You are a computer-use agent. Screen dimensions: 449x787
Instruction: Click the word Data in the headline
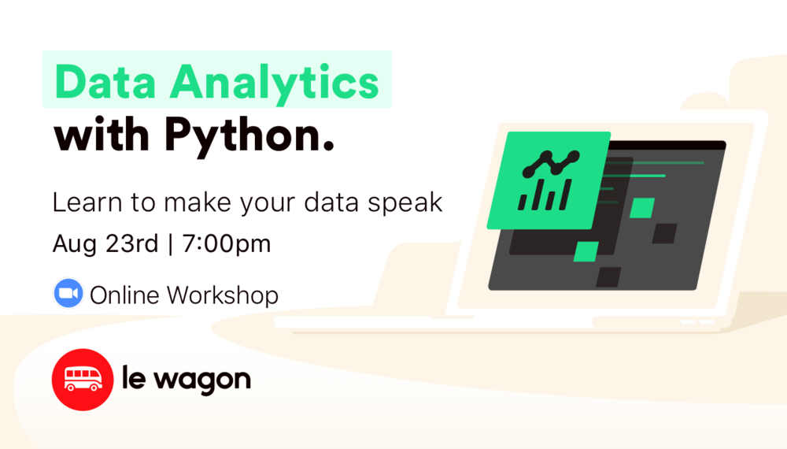click(101, 82)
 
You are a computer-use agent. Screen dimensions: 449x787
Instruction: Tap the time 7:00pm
click(227, 243)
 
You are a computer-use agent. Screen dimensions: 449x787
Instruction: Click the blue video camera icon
click(68, 294)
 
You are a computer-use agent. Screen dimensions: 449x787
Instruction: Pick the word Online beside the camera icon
click(126, 295)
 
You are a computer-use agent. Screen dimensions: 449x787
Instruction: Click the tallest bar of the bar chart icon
click(566, 191)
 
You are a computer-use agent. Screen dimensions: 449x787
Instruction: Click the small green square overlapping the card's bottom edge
click(586, 251)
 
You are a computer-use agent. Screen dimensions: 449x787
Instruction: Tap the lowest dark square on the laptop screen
click(608, 276)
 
